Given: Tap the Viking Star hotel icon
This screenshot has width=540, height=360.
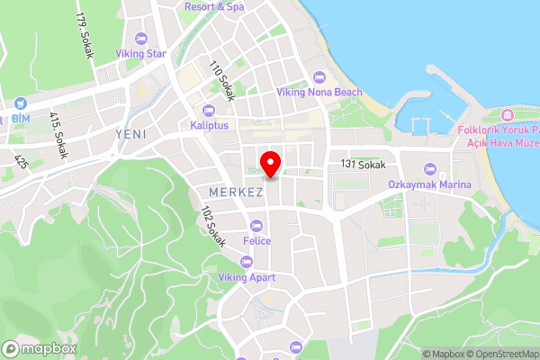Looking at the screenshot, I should [x=139, y=39].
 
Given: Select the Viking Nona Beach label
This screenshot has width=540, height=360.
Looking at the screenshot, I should [x=319, y=92].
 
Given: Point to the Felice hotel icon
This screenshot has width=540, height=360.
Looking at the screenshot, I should [x=256, y=226].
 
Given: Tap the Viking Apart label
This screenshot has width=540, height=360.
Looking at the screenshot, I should [x=247, y=278].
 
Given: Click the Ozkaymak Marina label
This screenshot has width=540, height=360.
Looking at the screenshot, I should [x=430, y=184].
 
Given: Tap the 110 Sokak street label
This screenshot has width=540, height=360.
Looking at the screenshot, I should [x=220, y=78].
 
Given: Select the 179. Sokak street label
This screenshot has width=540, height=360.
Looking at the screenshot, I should [x=85, y=36].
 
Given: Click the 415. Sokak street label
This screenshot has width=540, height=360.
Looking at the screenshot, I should [x=58, y=135].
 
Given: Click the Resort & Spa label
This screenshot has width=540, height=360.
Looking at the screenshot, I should [x=214, y=6].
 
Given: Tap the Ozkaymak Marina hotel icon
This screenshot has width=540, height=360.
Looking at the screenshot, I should [x=430, y=168].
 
